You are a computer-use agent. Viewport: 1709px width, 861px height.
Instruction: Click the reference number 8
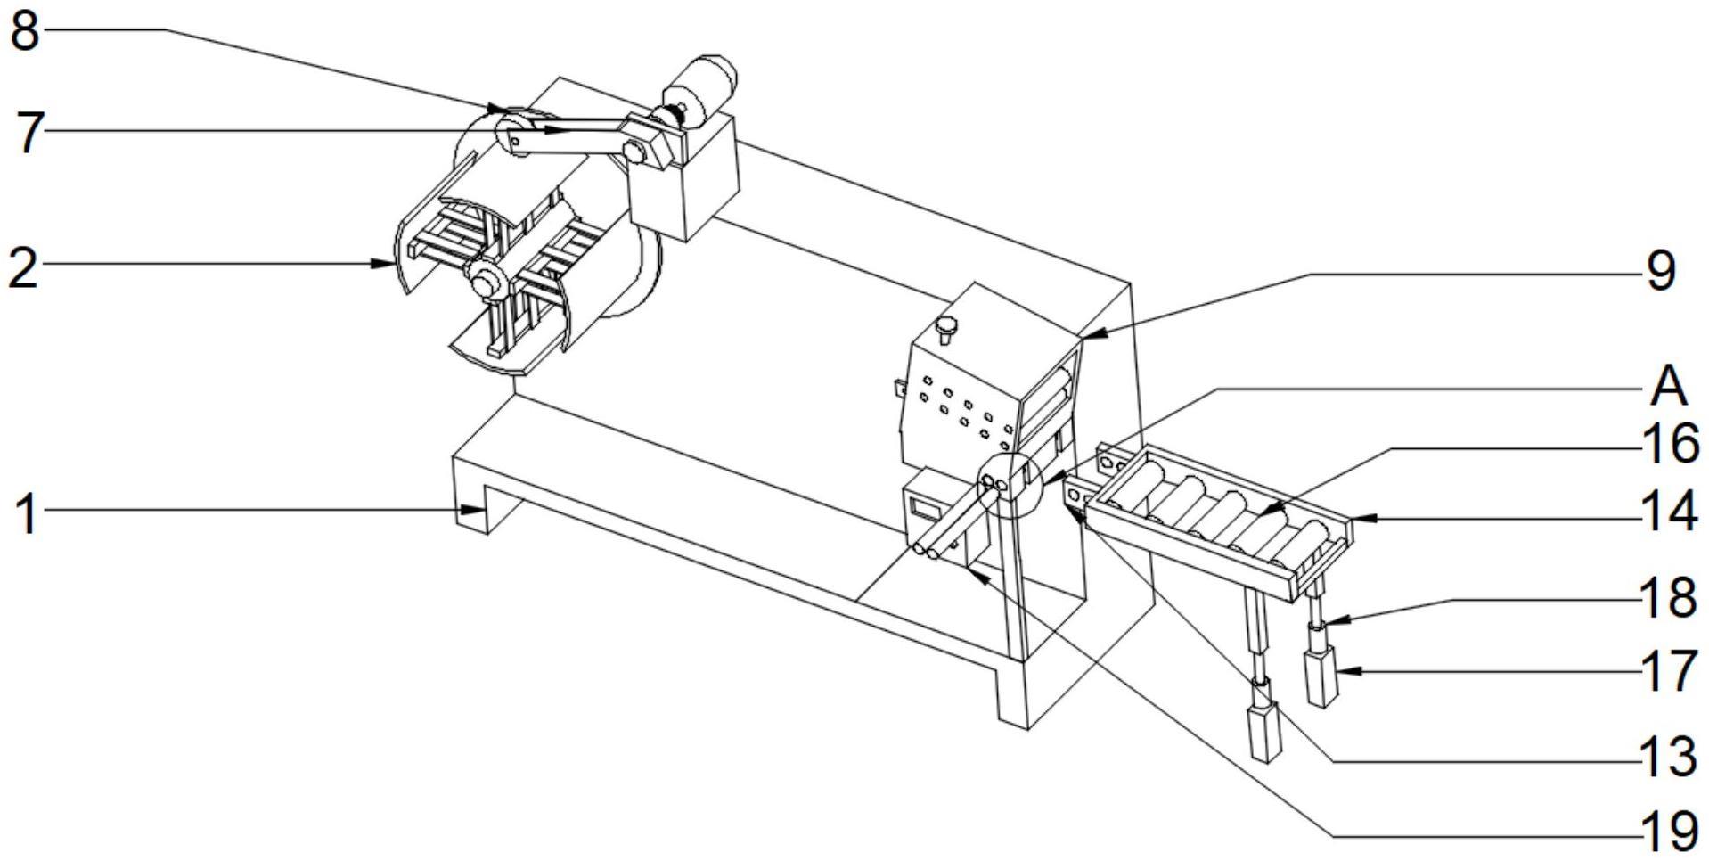click(x=24, y=31)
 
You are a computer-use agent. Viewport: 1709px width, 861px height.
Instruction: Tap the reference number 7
click(x=29, y=133)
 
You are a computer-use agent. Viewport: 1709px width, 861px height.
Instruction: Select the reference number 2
click(x=23, y=266)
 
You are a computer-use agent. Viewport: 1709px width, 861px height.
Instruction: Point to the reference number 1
click(x=28, y=514)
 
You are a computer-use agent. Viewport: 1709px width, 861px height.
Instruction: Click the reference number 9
click(x=1660, y=270)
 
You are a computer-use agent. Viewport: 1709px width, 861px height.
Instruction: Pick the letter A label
click(x=1668, y=386)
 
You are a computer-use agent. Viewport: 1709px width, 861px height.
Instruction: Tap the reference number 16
click(x=1670, y=444)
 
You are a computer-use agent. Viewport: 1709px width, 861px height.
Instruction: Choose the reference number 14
click(x=1669, y=512)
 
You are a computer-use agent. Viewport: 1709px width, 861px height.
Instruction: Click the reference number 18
click(x=1669, y=597)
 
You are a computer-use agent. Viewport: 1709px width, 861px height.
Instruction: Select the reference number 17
click(x=1669, y=670)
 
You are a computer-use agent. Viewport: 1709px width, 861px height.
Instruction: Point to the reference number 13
click(x=1669, y=757)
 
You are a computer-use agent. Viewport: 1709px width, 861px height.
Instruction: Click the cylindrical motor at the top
click(x=704, y=85)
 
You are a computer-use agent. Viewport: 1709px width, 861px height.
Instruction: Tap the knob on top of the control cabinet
click(x=945, y=329)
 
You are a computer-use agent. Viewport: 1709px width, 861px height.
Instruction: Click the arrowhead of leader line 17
click(x=1340, y=670)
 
